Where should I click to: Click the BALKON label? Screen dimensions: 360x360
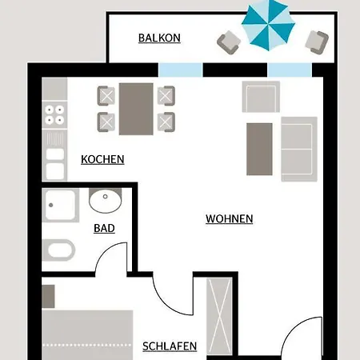(159, 38)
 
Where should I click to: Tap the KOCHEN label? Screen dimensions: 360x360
(102, 159)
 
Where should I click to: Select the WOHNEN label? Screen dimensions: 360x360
(229, 218)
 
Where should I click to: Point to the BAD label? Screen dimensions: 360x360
(104, 228)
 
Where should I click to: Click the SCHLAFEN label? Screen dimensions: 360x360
(170, 346)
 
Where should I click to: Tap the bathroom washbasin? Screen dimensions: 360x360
(106, 201)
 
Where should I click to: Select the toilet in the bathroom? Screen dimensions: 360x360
(60, 250)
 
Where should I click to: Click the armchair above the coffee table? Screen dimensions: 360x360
(260, 98)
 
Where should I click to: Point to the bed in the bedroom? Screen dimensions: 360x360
(86, 335)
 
